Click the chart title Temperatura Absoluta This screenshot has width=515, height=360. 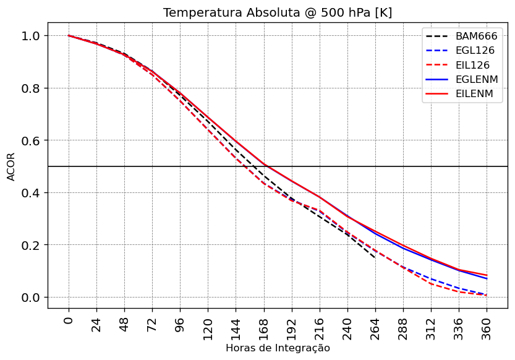pos(278,13)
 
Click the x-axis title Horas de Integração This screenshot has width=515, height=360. pos(278,348)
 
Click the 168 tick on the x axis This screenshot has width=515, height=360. pos(264,325)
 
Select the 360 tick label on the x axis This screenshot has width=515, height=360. pos(487,325)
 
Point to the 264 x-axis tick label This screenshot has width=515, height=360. pos(375,325)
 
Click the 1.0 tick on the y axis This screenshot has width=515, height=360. pos(31,36)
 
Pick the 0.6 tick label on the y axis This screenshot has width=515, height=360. pos(31,140)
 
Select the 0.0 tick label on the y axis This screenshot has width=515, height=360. pos(31,298)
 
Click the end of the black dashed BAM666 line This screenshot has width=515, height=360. pos(375,257)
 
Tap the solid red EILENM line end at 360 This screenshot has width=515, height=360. pos(487,275)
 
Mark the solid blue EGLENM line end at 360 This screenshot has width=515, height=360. pos(487,279)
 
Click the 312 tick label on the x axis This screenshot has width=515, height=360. pos(432,325)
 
